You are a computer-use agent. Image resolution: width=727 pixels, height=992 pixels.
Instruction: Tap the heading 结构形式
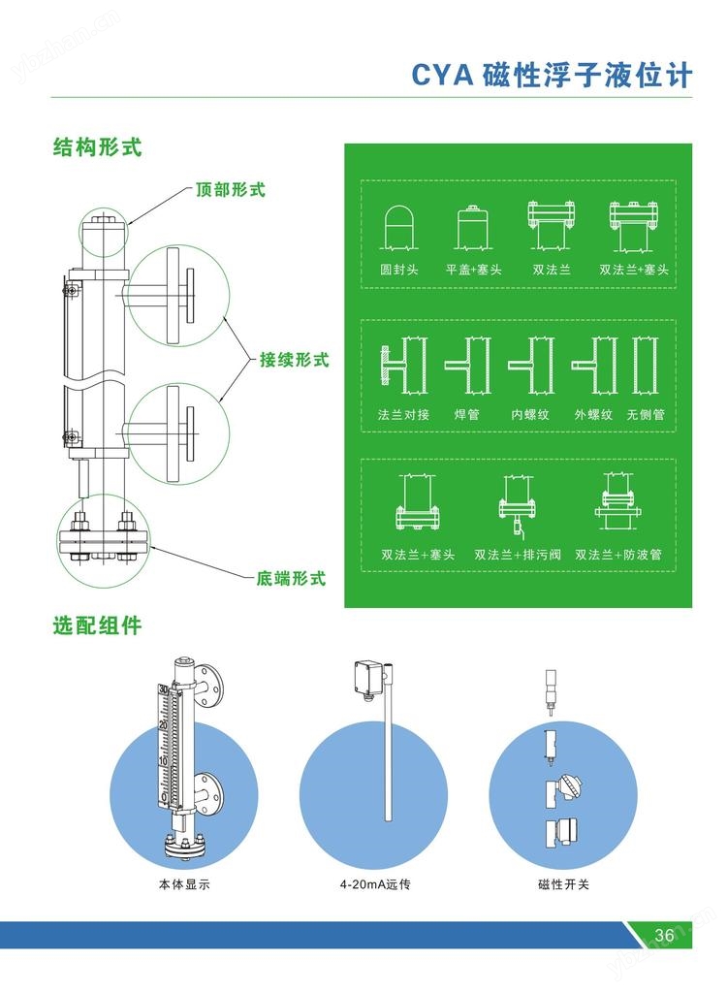pyautogui.click(x=97, y=148)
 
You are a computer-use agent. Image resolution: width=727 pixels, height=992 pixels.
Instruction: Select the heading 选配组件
pyautogui.click(x=97, y=625)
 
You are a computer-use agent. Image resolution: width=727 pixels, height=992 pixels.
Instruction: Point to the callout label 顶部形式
pyautogui.click(x=230, y=190)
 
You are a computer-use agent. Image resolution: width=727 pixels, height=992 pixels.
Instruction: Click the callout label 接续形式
pyautogui.click(x=294, y=360)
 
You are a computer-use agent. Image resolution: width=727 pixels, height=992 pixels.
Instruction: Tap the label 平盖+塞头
pyautogui.click(x=473, y=270)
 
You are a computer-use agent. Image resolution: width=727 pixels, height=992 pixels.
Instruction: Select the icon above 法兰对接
pyautogui.click(x=398, y=366)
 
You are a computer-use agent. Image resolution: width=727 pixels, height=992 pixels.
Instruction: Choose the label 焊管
pyautogui.click(x=467, y=414)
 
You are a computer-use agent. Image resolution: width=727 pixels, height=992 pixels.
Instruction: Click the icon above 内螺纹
pyautogui.click(x=531, y=366)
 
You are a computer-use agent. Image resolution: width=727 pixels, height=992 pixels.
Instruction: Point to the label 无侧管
pyautogui.click(x=646, y=414)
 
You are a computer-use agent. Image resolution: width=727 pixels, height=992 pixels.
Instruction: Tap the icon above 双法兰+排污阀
pyautogui.click(x=518, y=508)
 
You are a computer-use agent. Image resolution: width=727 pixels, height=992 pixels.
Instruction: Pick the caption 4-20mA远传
pyautogui.click(x=367, y=884)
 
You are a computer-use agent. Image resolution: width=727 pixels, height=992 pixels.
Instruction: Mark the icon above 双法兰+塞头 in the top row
pyautogui.click(x=634, y=225)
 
